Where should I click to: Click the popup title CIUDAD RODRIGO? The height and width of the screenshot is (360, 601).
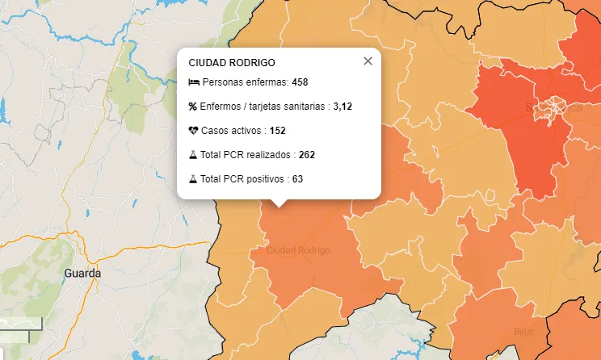pyautogui.click(x=232, y=62)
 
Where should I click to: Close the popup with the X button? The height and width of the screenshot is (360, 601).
pyautogui.click(x=368, y=61)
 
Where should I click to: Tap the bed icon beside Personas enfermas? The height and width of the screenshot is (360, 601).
pyautogui.click(x=193, y=82)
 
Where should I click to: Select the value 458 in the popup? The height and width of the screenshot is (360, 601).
pyautogui.click(x=300, y=82)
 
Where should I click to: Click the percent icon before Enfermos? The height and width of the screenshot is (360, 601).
pyautogui.click(x=193, y=107)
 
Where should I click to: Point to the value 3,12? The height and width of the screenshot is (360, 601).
pyautogui.click(x=343, y=107)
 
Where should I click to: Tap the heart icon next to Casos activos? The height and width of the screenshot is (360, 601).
pyautogui.click(x=193, y=130)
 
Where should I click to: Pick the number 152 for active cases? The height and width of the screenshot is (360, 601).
pyautogui.click(x=278, y=130)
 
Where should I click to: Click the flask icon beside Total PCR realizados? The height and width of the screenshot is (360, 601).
pyautogui.click(x=193, y=154)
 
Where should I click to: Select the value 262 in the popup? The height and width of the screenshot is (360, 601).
pyautogui.click(x=306, y=154)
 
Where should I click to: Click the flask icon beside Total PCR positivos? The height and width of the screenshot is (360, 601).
pyautogui.click(x=193, y=178)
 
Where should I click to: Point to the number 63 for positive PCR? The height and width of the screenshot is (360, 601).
pyautogui.click(x=297, y=178)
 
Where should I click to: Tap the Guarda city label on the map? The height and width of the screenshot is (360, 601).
pyautogui.click(x=83, y=274)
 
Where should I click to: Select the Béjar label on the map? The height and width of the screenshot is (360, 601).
pyautogui.click(x=524, y=331)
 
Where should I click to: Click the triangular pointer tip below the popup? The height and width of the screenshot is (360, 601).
pyautogui.click(x=279, y=205)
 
